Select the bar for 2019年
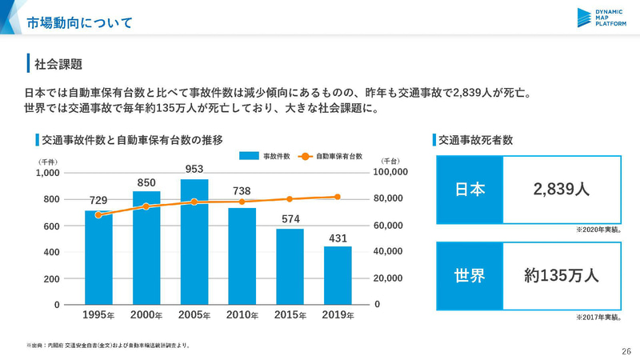(x=338, y=275)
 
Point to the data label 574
(x=290, y=218)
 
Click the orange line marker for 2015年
(x=290, y=198)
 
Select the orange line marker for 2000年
(x=146, y=206)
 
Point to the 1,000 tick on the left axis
(x=49, y=172)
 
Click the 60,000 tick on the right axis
(x=392, y=226)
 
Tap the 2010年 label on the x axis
(x=242, y=316)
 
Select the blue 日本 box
(x=470, y=189)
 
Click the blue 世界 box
(x=470, y=275)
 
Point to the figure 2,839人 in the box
(x=561, y=189)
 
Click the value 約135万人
(x=561, y=275)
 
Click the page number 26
(x=626, y=350)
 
